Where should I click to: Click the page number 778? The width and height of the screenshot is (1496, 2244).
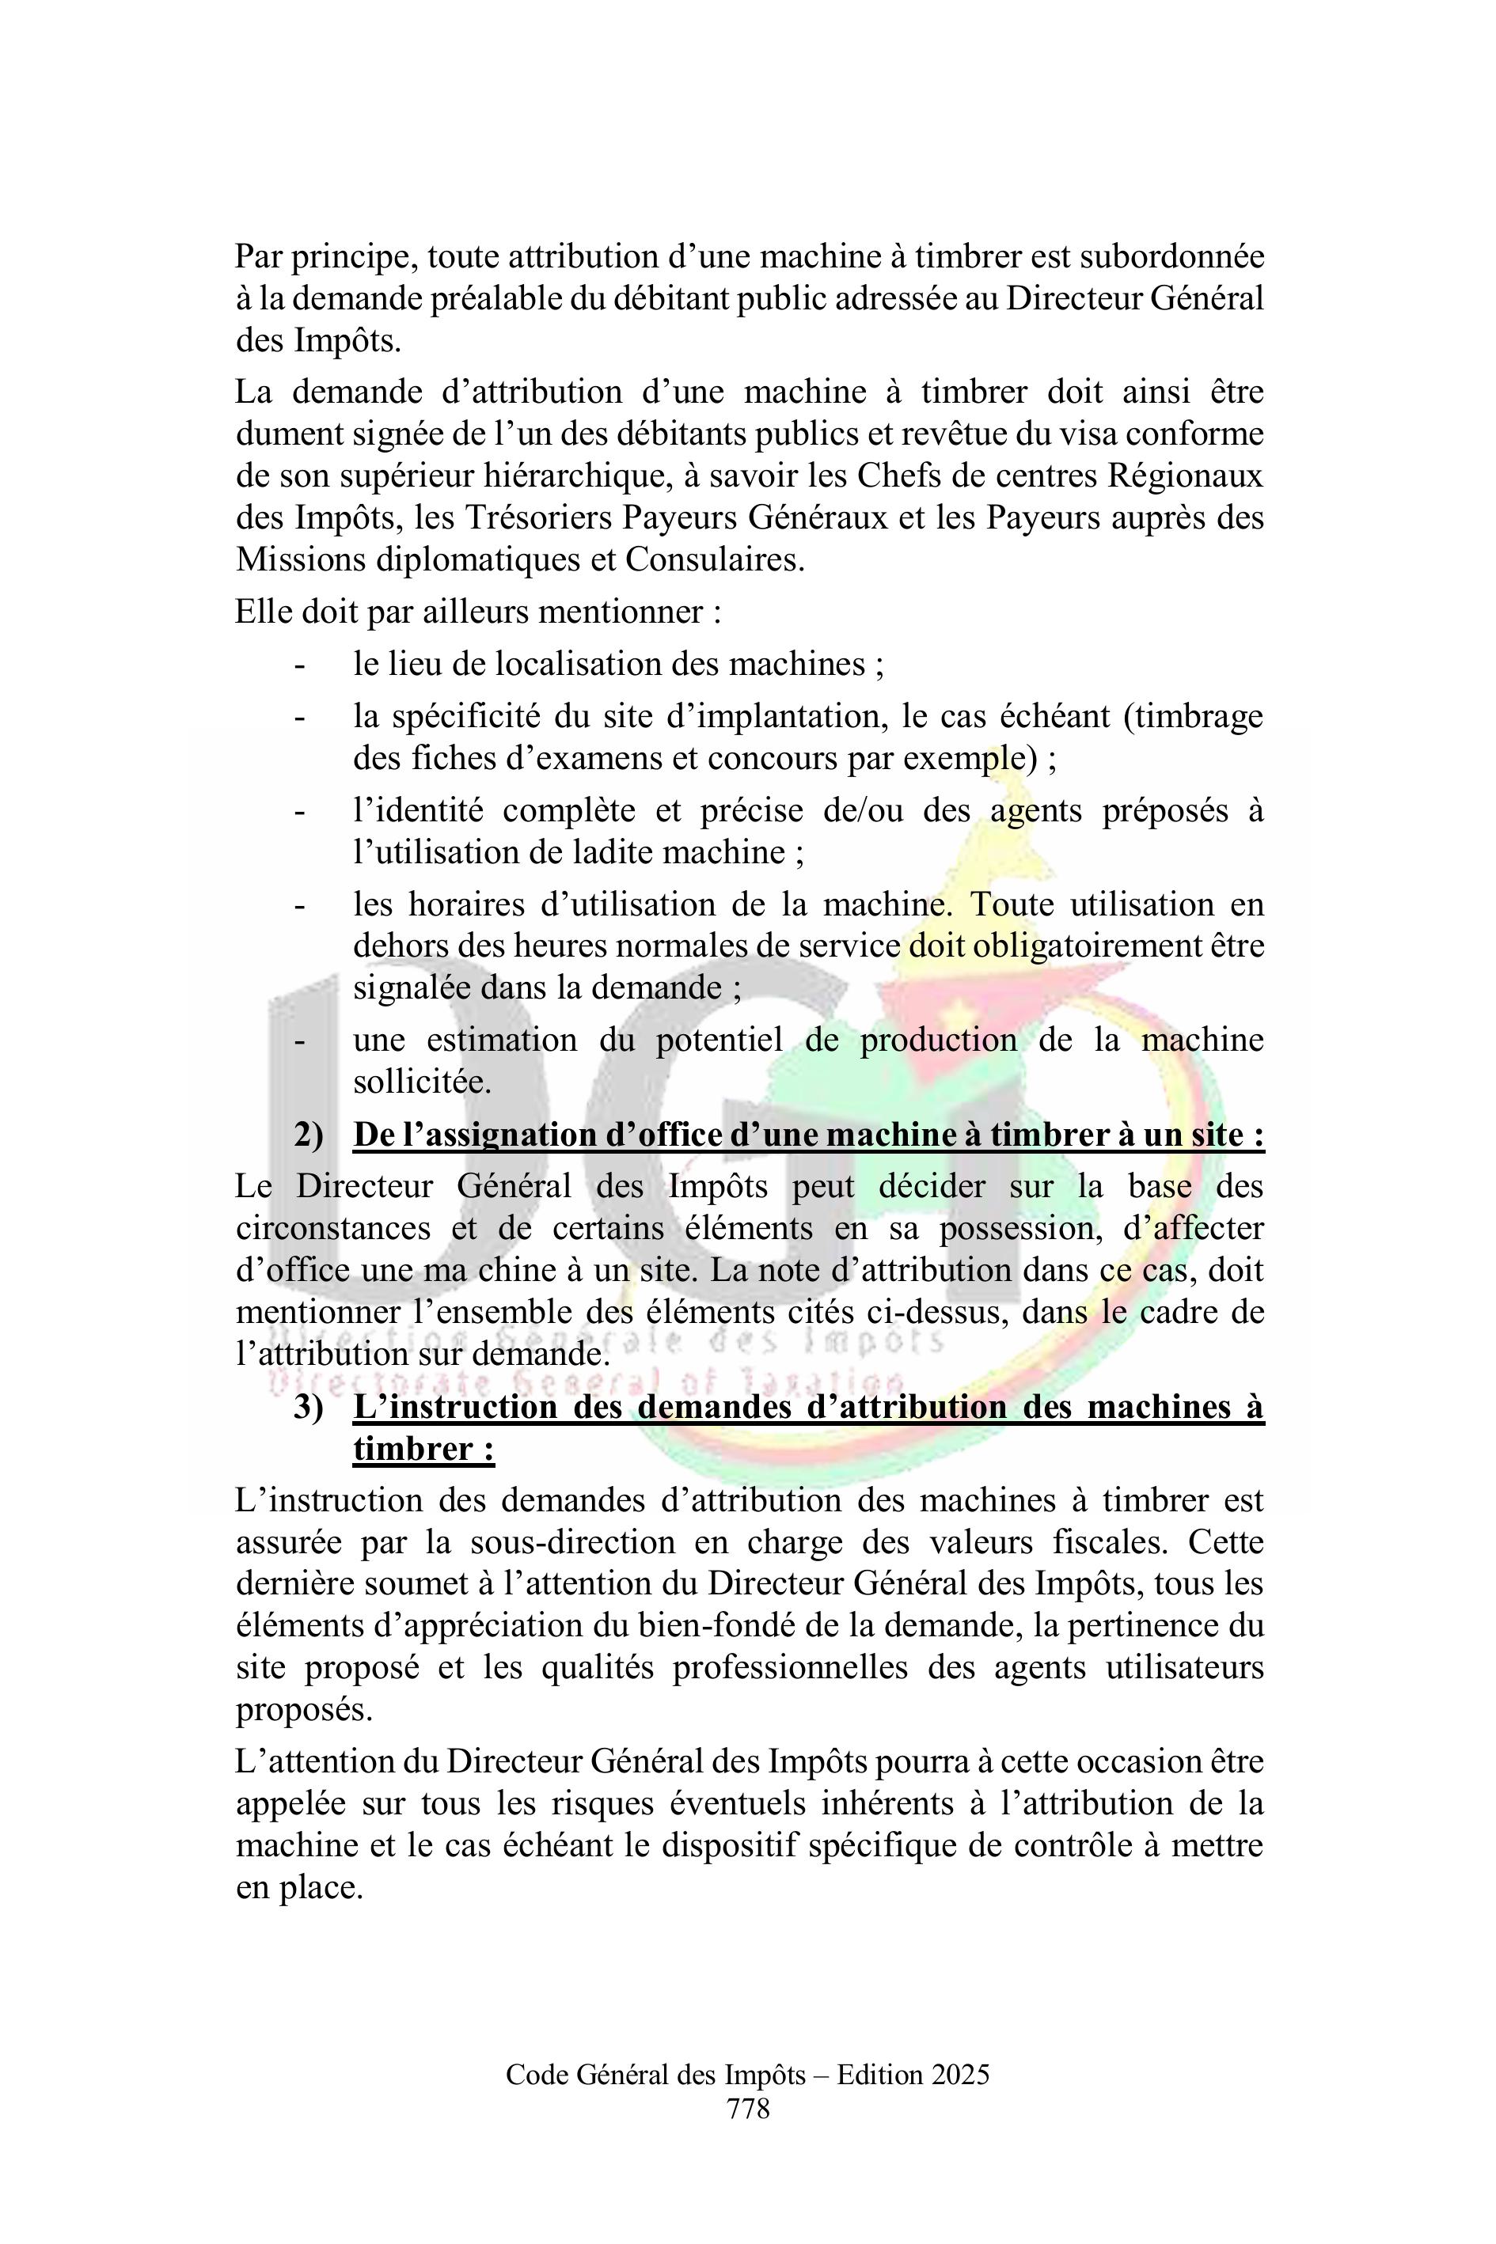pos(748,2108)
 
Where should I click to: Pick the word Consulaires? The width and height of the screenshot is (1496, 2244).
pos(715,559)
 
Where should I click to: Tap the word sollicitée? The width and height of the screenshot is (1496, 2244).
pos(422,1082)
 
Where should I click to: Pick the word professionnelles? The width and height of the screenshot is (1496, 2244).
pos(790,1668)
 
